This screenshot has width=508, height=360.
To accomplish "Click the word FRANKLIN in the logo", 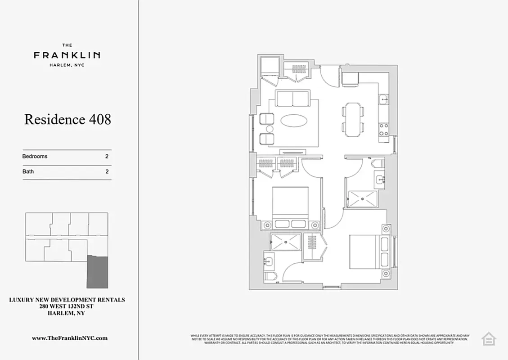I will (67, 55).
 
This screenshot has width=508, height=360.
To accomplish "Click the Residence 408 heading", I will (67, 120).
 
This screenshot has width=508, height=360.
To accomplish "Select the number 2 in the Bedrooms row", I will (107, 157).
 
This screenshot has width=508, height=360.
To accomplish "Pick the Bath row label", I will (28, 171).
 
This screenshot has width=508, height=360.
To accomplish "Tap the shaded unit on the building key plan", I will (97, 272).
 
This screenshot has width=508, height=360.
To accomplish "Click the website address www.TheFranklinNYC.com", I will (70, 338).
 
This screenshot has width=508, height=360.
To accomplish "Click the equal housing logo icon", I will (488, 339).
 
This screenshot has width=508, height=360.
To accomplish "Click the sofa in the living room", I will (292, 98).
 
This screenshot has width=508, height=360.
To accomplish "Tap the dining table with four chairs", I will (352, 120).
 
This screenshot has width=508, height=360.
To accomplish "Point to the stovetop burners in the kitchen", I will (384, 130).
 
